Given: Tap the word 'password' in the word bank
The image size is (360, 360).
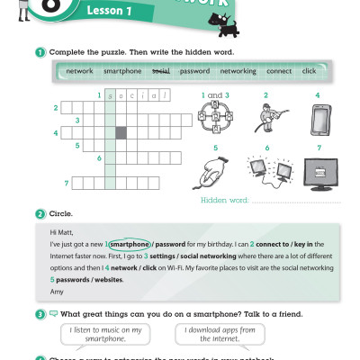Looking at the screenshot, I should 194,70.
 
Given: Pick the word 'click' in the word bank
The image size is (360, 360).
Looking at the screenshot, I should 309,70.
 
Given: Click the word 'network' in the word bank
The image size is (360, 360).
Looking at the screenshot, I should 80,70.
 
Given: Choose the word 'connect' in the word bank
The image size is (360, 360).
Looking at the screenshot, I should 279,70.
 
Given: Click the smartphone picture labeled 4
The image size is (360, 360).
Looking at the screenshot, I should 318,118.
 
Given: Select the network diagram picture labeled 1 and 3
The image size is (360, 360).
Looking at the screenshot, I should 217,118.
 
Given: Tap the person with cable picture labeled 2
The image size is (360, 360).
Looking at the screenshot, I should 267,118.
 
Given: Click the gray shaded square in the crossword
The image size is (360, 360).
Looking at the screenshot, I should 121,132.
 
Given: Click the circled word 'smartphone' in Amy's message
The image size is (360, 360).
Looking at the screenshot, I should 127,244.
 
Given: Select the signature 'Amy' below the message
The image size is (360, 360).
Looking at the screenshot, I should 57,292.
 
